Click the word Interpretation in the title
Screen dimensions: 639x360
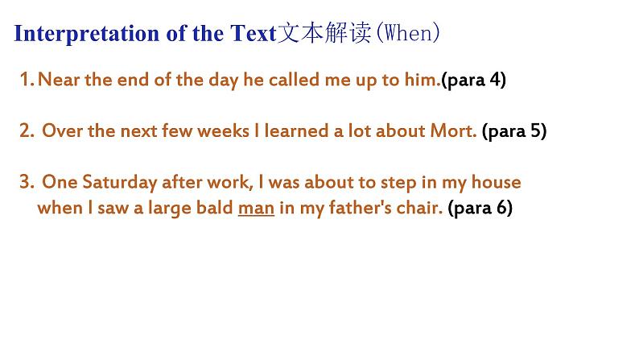click(x=86, y=34)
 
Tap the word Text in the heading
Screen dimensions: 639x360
click(x=253, y=33)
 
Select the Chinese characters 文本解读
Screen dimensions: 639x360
click(x=324, y=32)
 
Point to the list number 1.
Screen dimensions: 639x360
click(x=27, y=80)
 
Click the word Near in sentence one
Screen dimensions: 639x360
click(x=59, y=80)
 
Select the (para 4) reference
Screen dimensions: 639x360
click(x=473, y=80)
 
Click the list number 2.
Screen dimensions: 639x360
click(x=27, y=130)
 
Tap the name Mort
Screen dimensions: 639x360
click(x=453, y=130)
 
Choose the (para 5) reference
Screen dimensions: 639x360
click(x=514, y=131)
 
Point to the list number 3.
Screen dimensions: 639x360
click(x=27, y=182)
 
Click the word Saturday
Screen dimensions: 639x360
click(x=119, y=182)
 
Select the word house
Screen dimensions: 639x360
click(x=496, y=182)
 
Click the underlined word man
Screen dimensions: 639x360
click(x=257, y=209)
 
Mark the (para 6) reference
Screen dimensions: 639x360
click(x=480, y=208)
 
